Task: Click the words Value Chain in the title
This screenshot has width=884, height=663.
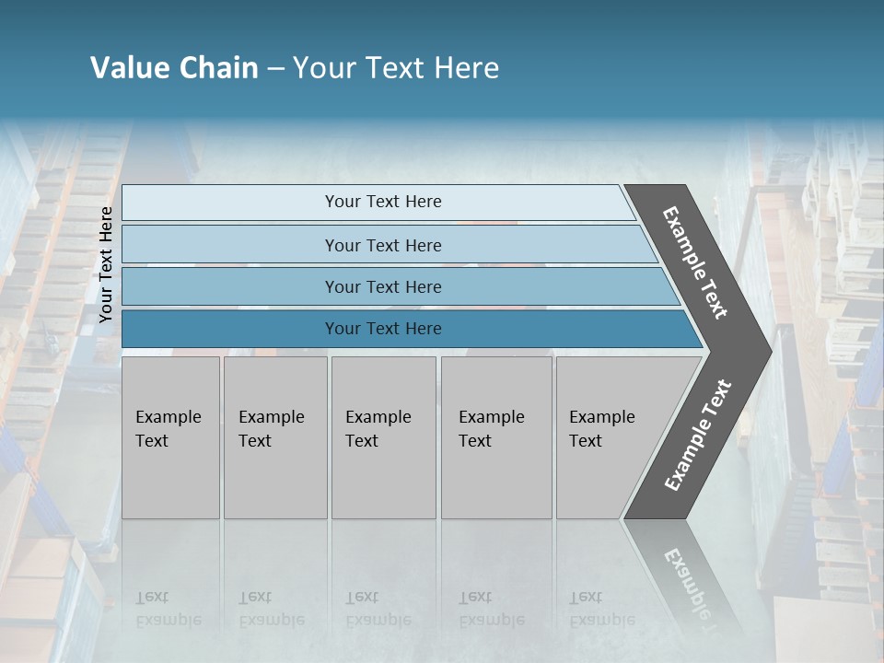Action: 174,68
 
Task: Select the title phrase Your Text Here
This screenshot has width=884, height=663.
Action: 396,68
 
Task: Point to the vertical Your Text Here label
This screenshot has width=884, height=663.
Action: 106,264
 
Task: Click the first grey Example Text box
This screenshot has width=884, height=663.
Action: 170,437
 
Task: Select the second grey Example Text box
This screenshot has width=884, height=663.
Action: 274,437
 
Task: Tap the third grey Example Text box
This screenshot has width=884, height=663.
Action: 383,437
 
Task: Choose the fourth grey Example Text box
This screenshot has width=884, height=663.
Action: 495,437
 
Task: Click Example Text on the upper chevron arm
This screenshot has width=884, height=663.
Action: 695,262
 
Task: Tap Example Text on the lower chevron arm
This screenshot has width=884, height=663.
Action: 697,436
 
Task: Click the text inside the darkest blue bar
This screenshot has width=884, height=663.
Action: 383,329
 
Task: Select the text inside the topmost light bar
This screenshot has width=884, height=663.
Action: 383,202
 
